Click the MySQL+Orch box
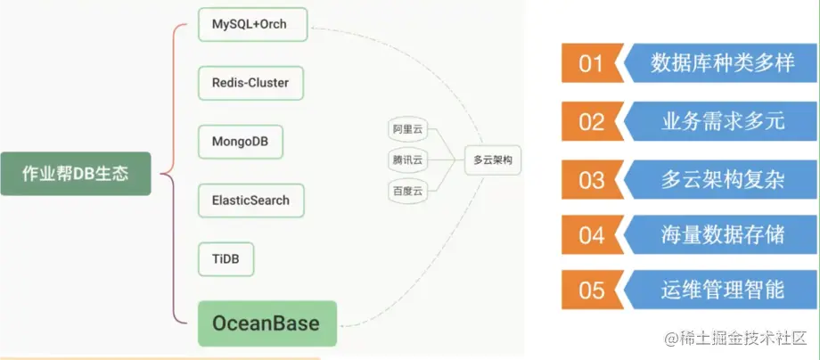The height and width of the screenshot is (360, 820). pos(252,25)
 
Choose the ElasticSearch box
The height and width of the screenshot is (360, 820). pos(250,200)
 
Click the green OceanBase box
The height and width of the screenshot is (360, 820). pos(266,322)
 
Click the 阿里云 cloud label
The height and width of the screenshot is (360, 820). pos(407,130)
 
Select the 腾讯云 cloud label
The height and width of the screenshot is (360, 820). pos(407,160)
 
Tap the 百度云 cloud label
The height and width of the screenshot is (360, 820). pos(407,191)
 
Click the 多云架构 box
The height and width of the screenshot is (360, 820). pos(493,160)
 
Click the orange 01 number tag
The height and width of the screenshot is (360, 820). pos(590,64)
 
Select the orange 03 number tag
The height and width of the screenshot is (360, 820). pos(590,179)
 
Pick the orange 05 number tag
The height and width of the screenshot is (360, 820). pos(590,290)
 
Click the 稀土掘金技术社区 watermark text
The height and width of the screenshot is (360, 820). pos(743,339)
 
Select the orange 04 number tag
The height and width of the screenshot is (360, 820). pos(590,235)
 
